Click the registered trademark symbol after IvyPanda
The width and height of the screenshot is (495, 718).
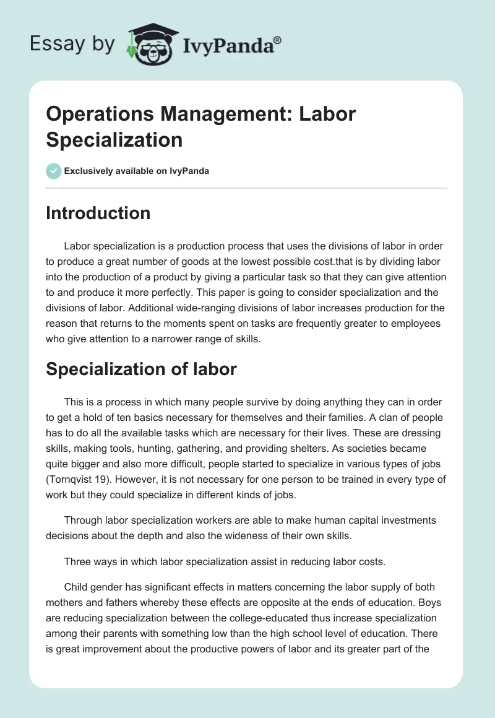(x=278, y=40)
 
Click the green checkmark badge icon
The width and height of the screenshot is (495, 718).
(x=54, y=171)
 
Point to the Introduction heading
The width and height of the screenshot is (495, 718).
(x=98, y=213)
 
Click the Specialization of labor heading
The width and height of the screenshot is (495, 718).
(x=141, y=369)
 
